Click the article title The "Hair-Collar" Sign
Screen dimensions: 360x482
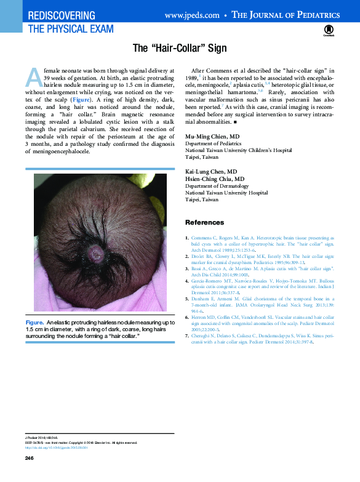pos(180,47)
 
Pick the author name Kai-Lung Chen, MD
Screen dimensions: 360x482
pos(211,172)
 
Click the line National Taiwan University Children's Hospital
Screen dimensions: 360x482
pos(238,150)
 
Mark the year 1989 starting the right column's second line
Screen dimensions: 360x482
pos(191,79)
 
